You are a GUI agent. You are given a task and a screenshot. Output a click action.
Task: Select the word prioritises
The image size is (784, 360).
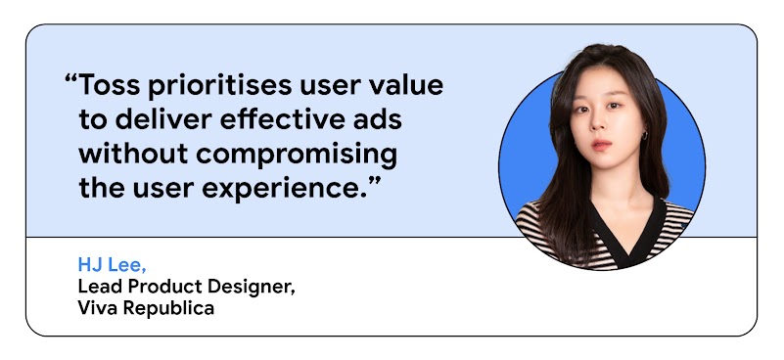[x=219, y=86]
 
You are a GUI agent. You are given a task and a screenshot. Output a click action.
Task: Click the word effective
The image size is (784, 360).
[x=281, y=119]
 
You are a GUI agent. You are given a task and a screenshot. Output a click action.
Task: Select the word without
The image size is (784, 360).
[x=133, y=154]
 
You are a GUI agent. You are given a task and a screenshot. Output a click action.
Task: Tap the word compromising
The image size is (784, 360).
[x=296, y=155]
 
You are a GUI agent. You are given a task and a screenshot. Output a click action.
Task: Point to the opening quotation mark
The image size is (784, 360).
[x=71, y=79]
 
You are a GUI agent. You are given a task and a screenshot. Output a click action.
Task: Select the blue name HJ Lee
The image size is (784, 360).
[x=112, y=265]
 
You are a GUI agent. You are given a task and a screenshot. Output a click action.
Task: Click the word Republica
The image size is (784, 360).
[x=168, y=308]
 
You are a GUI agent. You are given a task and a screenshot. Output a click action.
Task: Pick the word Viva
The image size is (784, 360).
[x=98, y=307]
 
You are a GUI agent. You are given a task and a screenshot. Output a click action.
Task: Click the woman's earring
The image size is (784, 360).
[x=645, y=134]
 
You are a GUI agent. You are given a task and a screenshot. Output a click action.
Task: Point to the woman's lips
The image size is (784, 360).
[x=602, y=145]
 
